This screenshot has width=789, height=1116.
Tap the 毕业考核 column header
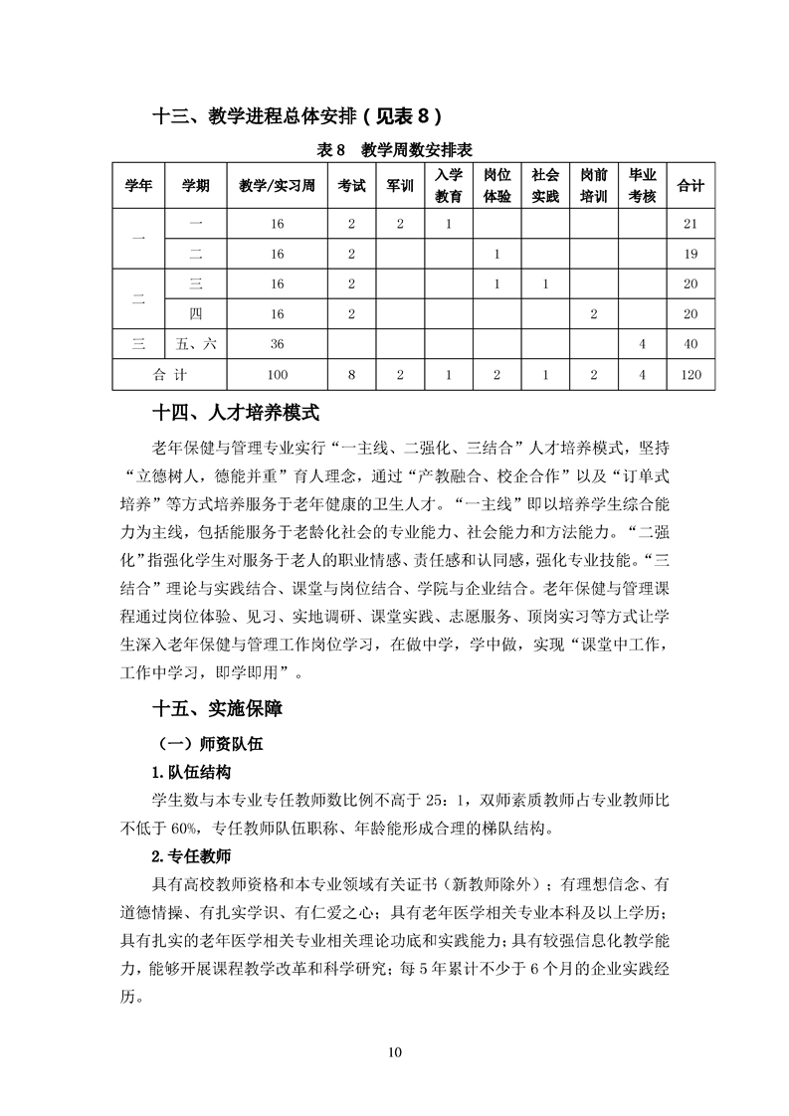point(643,186)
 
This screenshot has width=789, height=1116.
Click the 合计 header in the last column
point(690,186)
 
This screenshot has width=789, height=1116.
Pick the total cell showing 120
point(690,375)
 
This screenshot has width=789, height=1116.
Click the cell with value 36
point(277,344)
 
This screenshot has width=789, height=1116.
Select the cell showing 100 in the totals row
point(277,375)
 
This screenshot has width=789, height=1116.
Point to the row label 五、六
point(195,344)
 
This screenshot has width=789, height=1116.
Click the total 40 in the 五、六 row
point(690,344)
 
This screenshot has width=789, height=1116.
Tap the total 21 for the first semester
point(690,224)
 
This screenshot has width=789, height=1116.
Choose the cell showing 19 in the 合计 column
point(690,255)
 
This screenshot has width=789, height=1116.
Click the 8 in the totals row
point(351,375)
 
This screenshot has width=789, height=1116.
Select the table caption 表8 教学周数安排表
point(394,149)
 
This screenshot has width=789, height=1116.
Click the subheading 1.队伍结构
point(191,773)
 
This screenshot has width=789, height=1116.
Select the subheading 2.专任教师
point(191,855)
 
